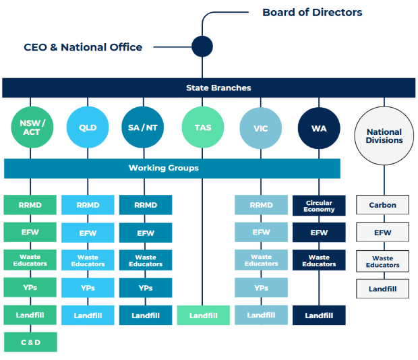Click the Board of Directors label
point(312,12)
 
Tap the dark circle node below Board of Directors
point(202,47)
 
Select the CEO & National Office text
point(83,47)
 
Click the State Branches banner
point(209,88)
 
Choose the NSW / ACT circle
point(32,127)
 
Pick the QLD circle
point(88,127)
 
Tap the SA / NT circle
point(143,127)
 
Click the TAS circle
point(203,127)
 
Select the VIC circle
point(261,128)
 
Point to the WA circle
point(319,128)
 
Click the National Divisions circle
point(384,136)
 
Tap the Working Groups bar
point(172,169)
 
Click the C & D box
point(30,342)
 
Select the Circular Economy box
point(319,206)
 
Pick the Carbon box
point(382,205)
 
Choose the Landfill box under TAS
point(204,316)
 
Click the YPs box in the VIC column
point(262,287)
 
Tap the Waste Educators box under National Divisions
point(382,261)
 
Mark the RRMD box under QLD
point(88,205)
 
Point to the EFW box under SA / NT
point(146,233)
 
